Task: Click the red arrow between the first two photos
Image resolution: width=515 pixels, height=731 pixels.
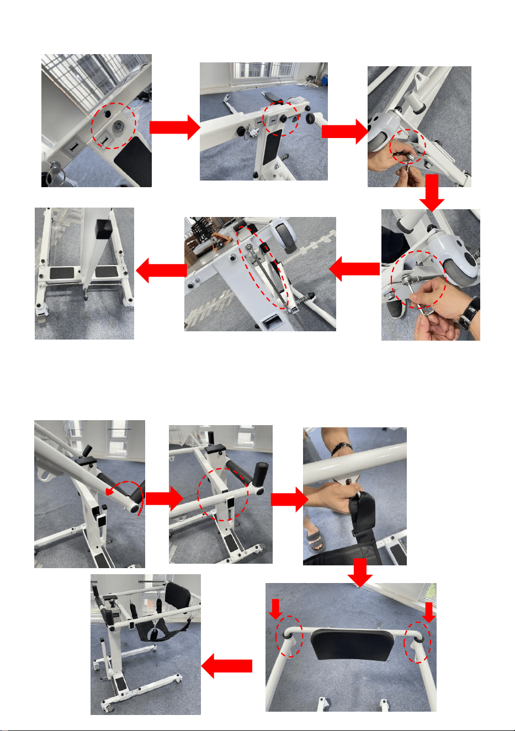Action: [x=174, y=128]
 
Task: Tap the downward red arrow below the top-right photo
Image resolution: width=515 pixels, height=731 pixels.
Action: [x=432, y=193]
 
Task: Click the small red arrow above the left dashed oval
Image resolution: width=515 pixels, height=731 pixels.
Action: [x=276, y=609]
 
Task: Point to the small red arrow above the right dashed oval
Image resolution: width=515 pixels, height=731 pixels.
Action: [x=429, y=612]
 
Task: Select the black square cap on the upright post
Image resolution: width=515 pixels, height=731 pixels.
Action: [x=103, y=230]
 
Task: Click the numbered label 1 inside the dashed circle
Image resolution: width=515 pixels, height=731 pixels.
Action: [x=104, y=141]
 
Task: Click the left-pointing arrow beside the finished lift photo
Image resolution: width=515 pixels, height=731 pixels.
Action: [x=226, y=666]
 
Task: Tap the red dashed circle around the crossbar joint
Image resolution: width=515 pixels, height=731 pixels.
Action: [x=222, y=494]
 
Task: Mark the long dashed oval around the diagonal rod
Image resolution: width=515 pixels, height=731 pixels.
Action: [x=263, y=268]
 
